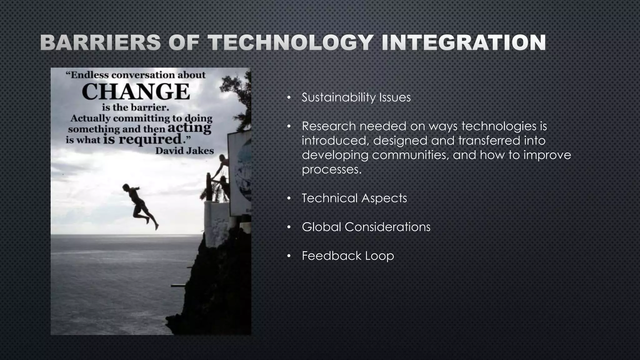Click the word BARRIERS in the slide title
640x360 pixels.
pos(100,43)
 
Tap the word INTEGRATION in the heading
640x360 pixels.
pos(464,43)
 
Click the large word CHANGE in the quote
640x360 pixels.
pos(136,92)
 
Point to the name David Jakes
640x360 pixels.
pos(184,151)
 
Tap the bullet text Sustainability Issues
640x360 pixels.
pos(356,97)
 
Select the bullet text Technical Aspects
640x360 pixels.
pos(354,198)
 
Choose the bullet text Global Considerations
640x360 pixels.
pos(366,227)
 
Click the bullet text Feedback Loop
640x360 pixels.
pos(347,256)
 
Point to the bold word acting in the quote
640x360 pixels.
pos(189,128)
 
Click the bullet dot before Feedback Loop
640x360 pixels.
pos(289,256)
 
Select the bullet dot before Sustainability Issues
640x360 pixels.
pos(289,98)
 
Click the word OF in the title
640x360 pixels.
pos(184,43)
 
